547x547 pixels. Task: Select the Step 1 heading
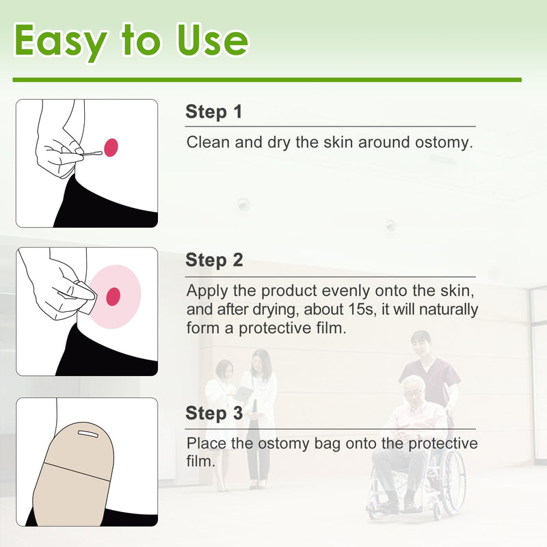214,112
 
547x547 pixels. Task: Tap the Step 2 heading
214,261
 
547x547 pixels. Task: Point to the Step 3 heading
214,414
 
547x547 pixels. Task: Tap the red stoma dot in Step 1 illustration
111,146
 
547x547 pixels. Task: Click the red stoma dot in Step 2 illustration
114,296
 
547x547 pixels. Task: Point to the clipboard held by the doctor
243,395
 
